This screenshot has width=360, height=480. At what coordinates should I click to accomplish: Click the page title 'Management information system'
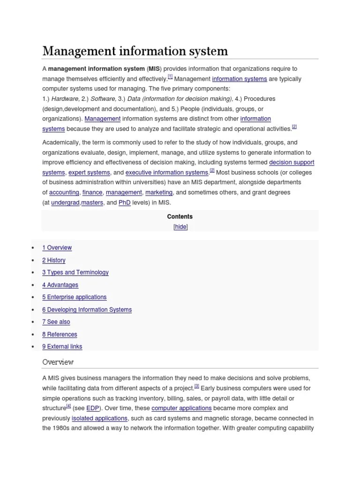tap(135, 51)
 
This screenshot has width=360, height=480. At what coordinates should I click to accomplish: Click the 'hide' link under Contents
tap(180, 227)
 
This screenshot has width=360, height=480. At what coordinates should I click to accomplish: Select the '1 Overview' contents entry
tap(57, 247)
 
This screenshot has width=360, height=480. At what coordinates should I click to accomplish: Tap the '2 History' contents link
tap(54, 260)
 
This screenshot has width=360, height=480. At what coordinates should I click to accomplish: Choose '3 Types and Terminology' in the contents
tap(75, 272)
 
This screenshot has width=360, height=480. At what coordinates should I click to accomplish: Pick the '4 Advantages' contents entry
tap(60, 285)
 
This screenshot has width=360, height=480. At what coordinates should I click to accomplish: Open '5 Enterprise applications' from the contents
tap(74, 297)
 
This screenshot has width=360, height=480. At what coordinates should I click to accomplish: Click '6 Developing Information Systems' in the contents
tap(87, 309)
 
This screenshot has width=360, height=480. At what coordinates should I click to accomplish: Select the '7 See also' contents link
tap(56, 322)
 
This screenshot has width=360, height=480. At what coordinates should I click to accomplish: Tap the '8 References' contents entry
tap(60, 334)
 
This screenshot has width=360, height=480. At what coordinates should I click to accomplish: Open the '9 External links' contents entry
tap(62, 347)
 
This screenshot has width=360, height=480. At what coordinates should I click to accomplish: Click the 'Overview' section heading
tap(58, 362)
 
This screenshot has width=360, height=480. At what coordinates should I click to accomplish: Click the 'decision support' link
tap(292, 163)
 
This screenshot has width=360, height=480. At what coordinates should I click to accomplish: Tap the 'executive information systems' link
tap(166, 172)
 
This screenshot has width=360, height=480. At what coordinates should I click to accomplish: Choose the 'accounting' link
tap(64, 193)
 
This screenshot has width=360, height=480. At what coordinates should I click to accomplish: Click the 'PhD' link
tap(124, 203)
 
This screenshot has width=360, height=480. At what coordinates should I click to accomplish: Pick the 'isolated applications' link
tap(99, 418)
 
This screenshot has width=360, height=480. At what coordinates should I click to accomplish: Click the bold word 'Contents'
tap(180, 217)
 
